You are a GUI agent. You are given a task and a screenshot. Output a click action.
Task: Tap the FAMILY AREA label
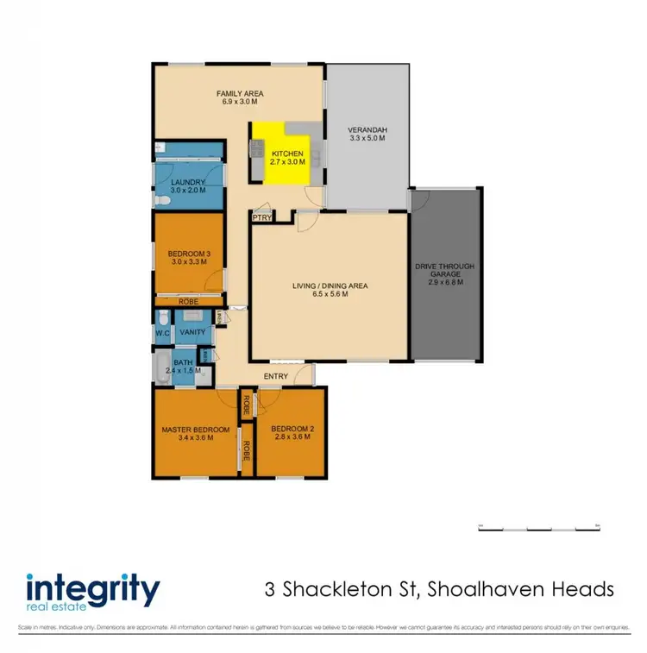pos(240,93)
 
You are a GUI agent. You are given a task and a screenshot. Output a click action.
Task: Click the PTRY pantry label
pos(261,218)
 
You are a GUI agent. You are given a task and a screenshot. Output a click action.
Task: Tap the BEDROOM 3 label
pos(188,253)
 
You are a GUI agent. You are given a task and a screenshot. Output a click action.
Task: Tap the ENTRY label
pos(277,375)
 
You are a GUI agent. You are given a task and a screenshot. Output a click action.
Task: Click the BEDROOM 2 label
pos(290,429)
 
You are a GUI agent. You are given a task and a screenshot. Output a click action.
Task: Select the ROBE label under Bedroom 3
pos(188,302)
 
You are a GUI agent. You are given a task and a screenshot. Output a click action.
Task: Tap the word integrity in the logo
pos(92,591)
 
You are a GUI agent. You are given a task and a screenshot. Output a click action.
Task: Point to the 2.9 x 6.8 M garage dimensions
pos(444,282)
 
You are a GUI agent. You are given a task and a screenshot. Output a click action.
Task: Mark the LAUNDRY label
pos(187,182)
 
